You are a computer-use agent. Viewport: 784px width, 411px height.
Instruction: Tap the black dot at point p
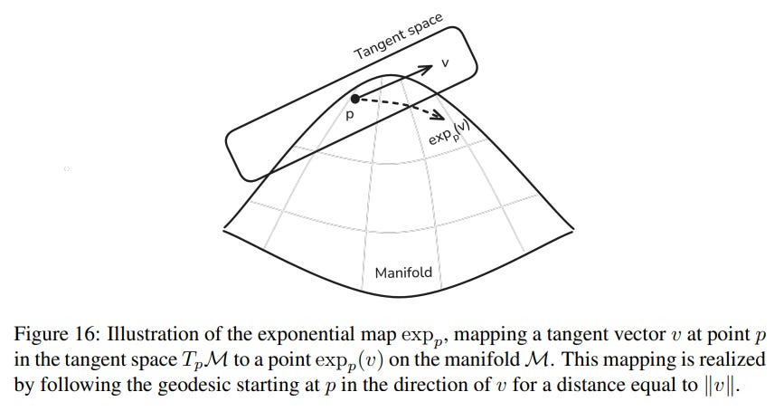(x=355, y=99)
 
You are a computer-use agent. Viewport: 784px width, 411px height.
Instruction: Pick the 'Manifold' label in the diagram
(x=403, y=272)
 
